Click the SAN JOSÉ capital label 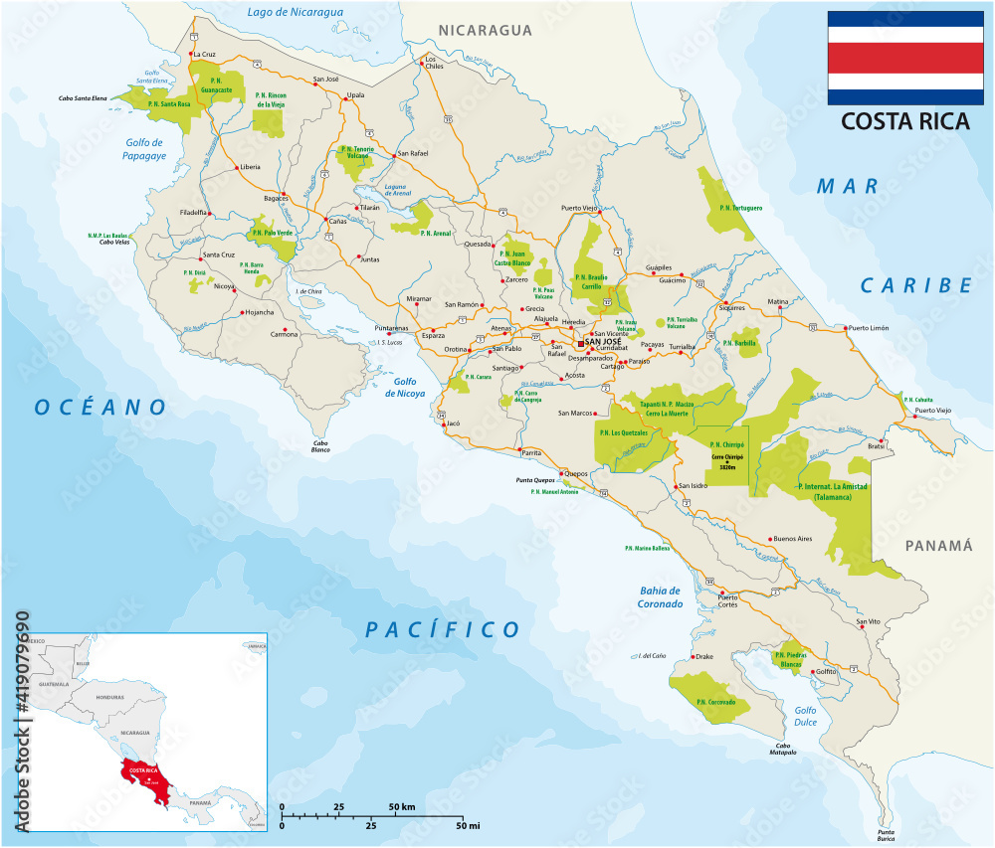pos(604,342)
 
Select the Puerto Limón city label pos(869,327)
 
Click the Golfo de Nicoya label pos(405,387)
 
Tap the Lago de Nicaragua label pos(295,12)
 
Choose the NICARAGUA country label pos(486,31)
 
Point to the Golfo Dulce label pos(805,717)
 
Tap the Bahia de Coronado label pos(661,596)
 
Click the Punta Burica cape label pos(879,835)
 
